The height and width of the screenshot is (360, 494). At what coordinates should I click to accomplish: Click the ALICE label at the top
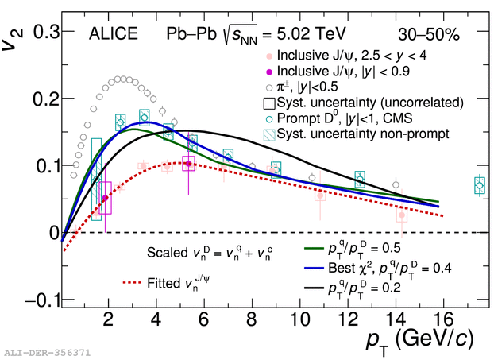113,34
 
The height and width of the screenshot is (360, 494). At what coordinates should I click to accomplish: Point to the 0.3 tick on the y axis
43,32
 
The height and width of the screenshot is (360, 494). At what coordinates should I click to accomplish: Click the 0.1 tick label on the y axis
43,165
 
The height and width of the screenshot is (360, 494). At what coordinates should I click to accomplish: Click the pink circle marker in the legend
270,56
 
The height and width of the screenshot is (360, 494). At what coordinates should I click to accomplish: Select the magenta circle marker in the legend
270,72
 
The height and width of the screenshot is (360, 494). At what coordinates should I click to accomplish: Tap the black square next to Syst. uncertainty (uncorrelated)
270,103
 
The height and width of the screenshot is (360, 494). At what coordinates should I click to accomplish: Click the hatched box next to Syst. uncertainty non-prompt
270,134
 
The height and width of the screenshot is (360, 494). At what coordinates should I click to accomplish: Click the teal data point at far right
479,185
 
